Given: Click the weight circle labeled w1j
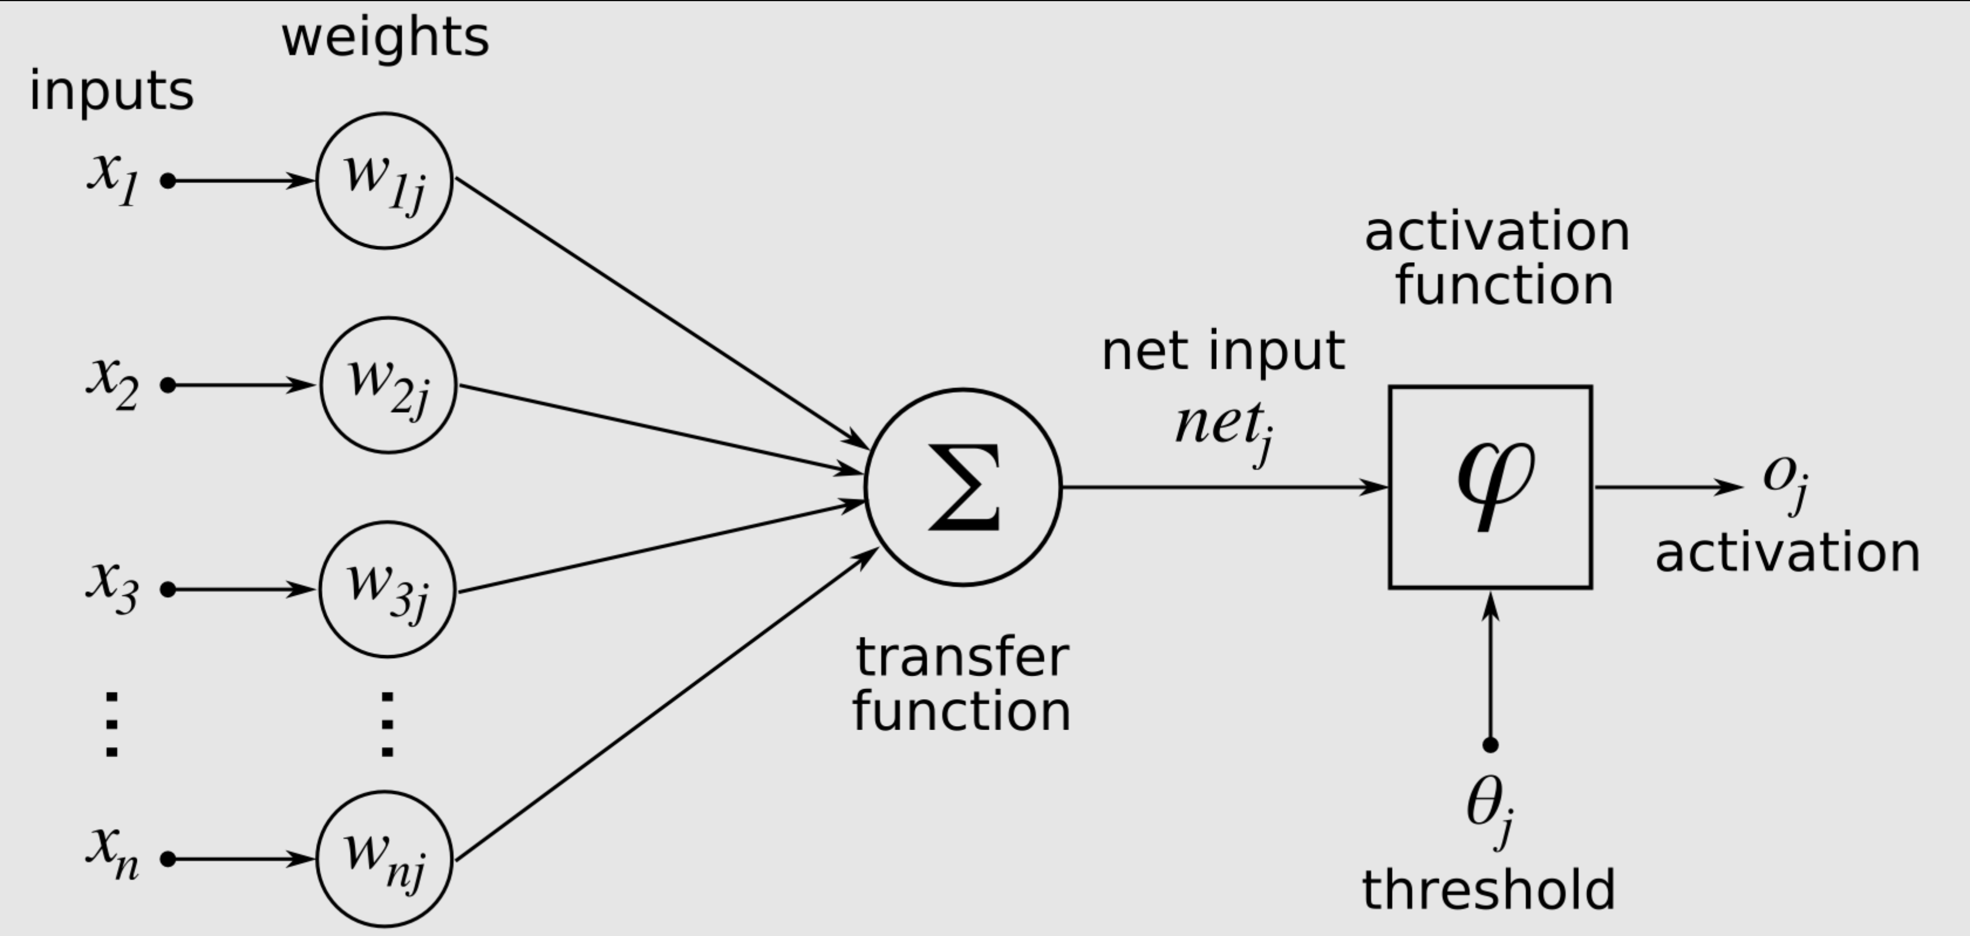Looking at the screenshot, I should pyautogui.click(x=385, y=181).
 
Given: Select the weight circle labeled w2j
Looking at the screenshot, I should pyautogui.click(x=388, y=385).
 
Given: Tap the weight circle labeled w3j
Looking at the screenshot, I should pyautogui.click(x=387, y=589).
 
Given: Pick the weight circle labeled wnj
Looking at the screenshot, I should pyautogui.click(x=385, y=859).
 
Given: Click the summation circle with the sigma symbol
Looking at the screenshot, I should pyautogui.click(x=963, y=487).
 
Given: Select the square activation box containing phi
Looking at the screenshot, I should pyautogui.click(x=1491, y=487).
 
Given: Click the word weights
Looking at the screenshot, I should pyautogui.click(x=385, y=38).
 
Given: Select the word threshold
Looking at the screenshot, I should pyautogui.click(x=1488, y=889).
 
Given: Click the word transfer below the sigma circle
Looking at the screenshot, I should pyautogui.click(x=962, y=657).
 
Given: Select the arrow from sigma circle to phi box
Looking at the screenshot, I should pyautogui.click(x=1224, y=487).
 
